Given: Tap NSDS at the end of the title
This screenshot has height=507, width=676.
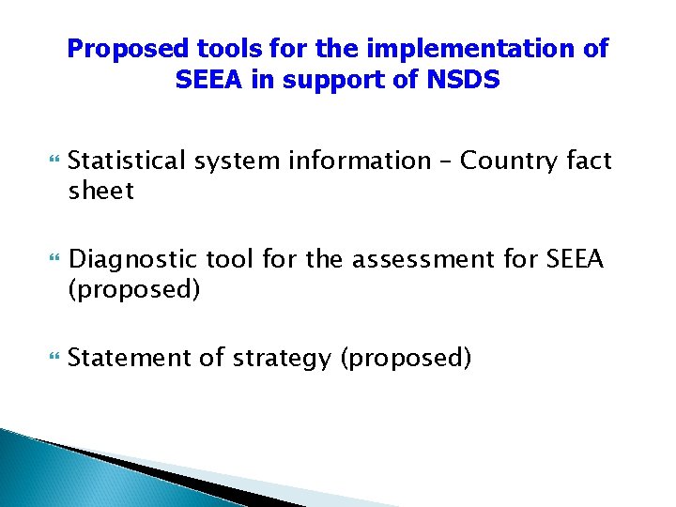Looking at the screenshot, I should [466, 81].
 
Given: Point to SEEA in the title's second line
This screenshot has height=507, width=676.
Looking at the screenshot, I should [207, 81].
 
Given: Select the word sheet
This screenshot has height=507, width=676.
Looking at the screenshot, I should [101, 192].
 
